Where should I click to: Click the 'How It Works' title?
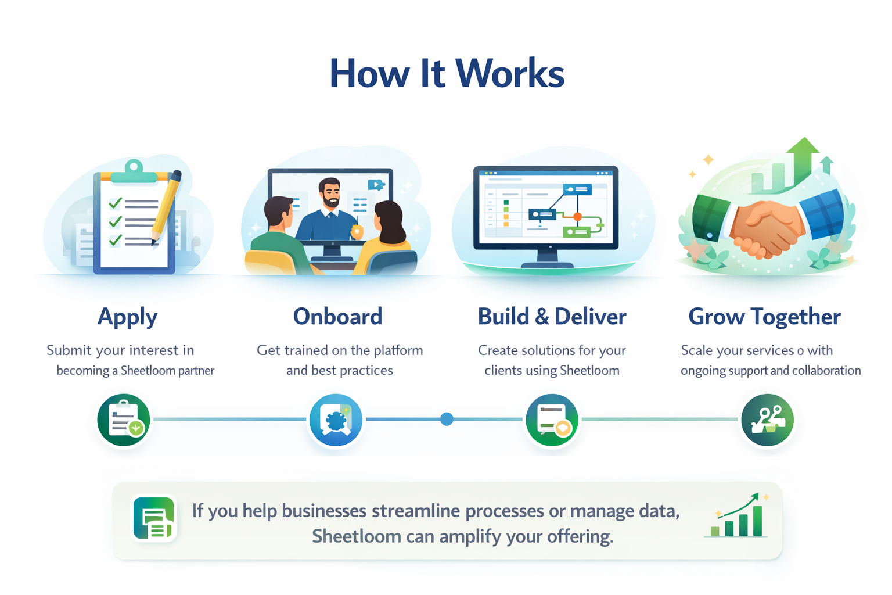[447, 74]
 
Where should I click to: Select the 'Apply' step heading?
[127, 317]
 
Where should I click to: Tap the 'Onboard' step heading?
[337, 317]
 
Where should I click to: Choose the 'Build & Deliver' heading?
[552, 317]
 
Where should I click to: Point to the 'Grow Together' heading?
[764, 317]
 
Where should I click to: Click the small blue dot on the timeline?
[447, 419]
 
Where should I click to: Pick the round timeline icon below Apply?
[124, 420]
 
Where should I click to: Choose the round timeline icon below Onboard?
[336, 420]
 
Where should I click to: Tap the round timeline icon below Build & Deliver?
[552, 420]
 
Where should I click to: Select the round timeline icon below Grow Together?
[767, 420]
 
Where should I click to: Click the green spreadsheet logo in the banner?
[154, 518]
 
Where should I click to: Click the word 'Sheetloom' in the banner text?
[356, 536]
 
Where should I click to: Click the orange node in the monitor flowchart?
[577, 216]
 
